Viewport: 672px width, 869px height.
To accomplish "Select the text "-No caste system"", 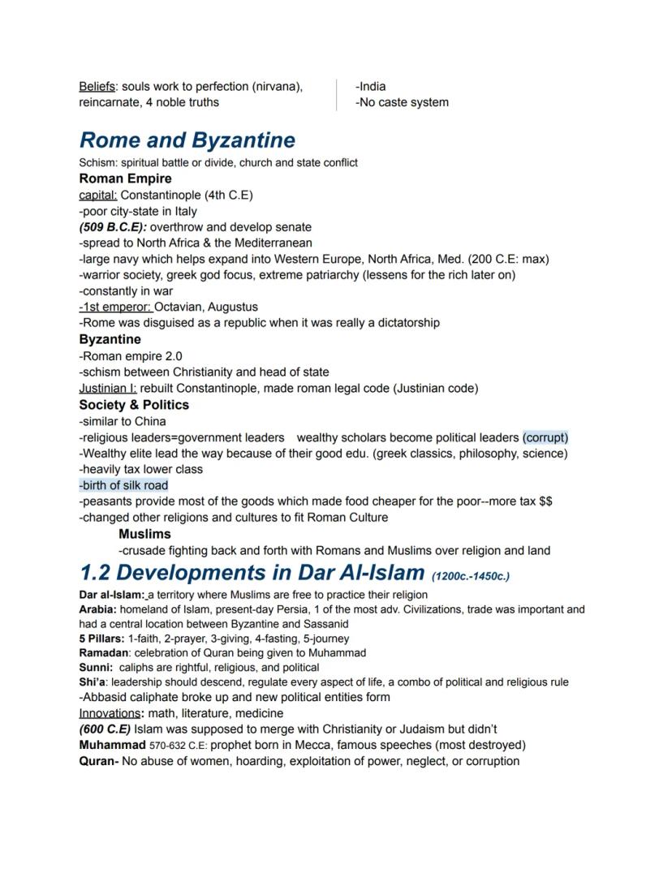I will tap(402, 102).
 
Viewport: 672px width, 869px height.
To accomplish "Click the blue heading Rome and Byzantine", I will tap(187, 140).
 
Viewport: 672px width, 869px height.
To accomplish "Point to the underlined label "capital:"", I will tap(98, 195).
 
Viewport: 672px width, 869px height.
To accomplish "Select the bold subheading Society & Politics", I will tap(134, 405).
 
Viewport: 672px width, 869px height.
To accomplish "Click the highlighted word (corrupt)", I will tap(545, 437).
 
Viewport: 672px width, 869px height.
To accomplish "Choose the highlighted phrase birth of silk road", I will tap(123, 485).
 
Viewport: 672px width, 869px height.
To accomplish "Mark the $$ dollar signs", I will tap(545, 501).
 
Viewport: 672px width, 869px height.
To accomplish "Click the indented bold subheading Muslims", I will tap(144, 534).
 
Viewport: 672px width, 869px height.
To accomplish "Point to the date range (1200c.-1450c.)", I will tap(471, 576).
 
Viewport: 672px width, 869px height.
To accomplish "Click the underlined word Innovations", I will tap(110, 713).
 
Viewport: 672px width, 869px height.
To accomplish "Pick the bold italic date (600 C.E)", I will tap(105, 729).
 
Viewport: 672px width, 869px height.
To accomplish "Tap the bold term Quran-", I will tap(99, 761).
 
